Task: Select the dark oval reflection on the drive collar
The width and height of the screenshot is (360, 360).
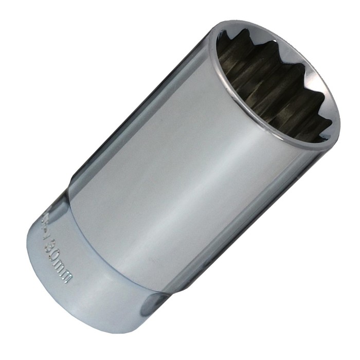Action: coord(152,304)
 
